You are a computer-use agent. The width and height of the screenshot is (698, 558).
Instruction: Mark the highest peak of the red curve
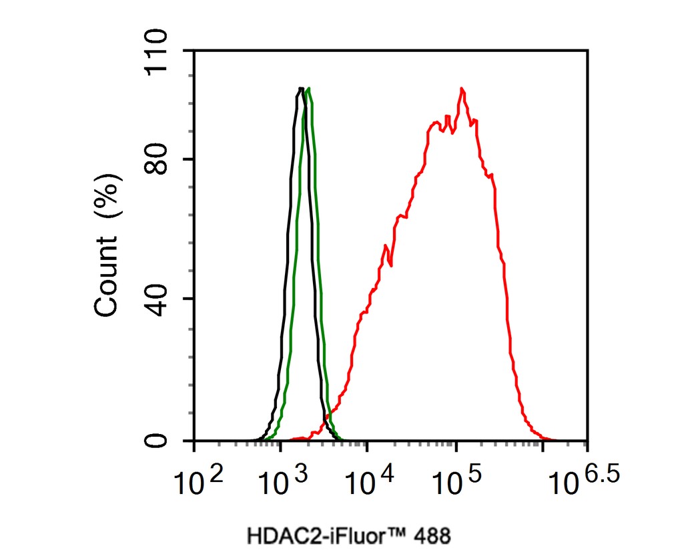(461, 89)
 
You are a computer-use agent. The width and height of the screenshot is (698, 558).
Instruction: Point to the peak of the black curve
(301, 88)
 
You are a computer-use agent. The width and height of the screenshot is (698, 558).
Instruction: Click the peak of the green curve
(308, 89)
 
